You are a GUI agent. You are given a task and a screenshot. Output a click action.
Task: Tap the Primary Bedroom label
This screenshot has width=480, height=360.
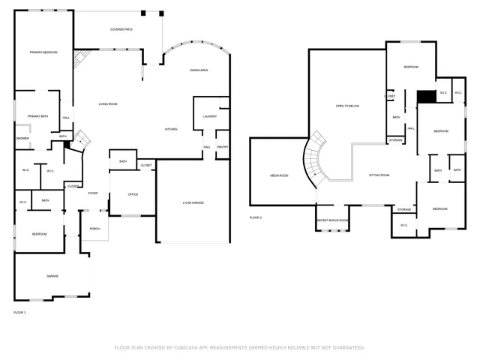pyautogui.click(x=44, y=52)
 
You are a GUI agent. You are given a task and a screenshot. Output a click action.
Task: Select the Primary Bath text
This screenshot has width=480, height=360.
pyautogui.click(x=38, y=116)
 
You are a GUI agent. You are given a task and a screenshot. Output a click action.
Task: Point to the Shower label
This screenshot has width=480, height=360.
pyautogui.click(x=22, y=138)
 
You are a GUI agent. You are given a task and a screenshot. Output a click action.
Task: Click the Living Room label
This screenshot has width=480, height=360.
pyautogui.click(x=107, y=103)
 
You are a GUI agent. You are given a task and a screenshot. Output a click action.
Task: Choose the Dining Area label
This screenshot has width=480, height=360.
pyautogui.click(x=199, y=70)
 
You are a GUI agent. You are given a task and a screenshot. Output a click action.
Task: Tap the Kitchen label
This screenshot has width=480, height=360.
pyautogui.click(x=171, y=130)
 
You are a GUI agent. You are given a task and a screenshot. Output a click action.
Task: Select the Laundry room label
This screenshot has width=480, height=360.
pyautogui.click(x=210, y=116)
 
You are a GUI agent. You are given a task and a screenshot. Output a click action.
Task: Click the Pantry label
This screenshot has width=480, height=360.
pyautogui.click(x=223, y=147)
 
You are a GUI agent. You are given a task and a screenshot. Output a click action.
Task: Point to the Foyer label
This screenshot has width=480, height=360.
pyautogui.click(x=93, y=193)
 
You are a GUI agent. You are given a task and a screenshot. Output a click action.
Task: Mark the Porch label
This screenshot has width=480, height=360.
pyautogui.click(x=95, y=228)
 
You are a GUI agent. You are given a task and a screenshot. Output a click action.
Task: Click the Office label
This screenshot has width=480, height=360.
pyautogui.click(x=133, y=194)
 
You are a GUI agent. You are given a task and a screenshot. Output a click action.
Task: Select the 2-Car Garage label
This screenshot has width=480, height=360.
pyautogui.click(x=193, y=203)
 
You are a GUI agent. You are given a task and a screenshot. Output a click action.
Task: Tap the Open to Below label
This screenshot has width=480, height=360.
pyautogui.click(x=347, y=106)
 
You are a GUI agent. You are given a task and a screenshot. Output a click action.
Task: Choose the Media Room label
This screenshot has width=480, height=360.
pyautogui.click(x=279, y=175)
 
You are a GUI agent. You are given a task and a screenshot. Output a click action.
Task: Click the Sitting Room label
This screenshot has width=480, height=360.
pyautogui.click(x=379, y=175)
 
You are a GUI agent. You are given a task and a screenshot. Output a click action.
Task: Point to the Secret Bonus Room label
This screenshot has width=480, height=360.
pyautogui.click(x=332, y=220)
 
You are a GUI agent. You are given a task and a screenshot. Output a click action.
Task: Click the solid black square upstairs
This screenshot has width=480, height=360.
pyautogui.click(x=427, y=95)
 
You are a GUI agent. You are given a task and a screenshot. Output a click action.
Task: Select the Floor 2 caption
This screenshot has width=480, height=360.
pyautogui.click(x=256, y=217)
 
